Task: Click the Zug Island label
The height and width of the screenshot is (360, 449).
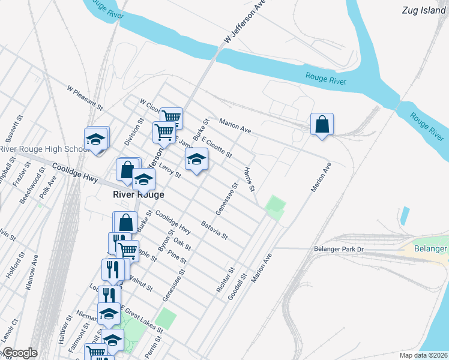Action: [424, 10]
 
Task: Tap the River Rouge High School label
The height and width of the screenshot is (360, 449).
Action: [43, 149]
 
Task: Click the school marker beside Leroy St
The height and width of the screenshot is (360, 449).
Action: [196, 160]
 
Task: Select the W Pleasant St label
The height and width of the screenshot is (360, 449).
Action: [85, 97]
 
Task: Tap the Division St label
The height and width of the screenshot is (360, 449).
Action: [133, 132]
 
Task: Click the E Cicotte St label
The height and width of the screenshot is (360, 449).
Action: [217, 148]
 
